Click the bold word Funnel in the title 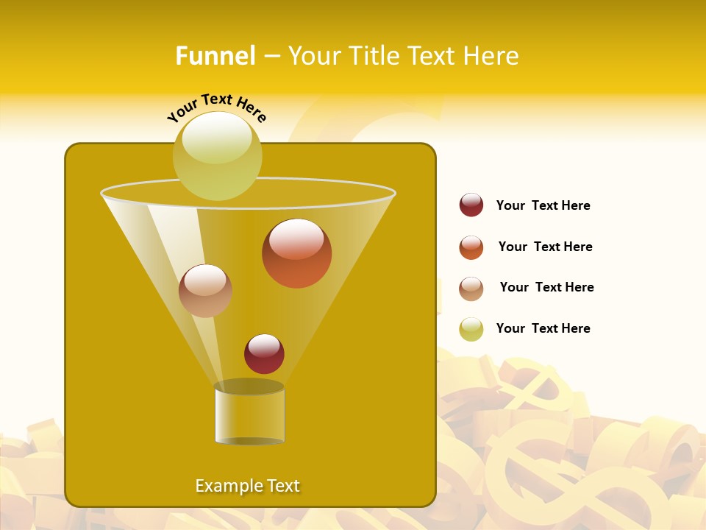coord(215,56)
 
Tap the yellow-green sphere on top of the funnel coord(218,155)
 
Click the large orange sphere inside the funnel coord(296,253)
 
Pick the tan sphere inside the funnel coord(205,291)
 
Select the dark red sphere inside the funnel coord(264,354)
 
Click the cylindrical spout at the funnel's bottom coord(249,414)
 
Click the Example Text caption coord(248,486)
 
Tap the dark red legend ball coord(471,205)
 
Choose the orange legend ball coord(471,247)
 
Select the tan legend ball coord(471,289)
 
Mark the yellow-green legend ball coord(471,329)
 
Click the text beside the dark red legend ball coord(543,205)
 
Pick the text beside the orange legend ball coord(545,247)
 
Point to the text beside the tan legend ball coord(546,287)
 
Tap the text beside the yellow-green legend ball coord(543,328)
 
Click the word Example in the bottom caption coord(227,486)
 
